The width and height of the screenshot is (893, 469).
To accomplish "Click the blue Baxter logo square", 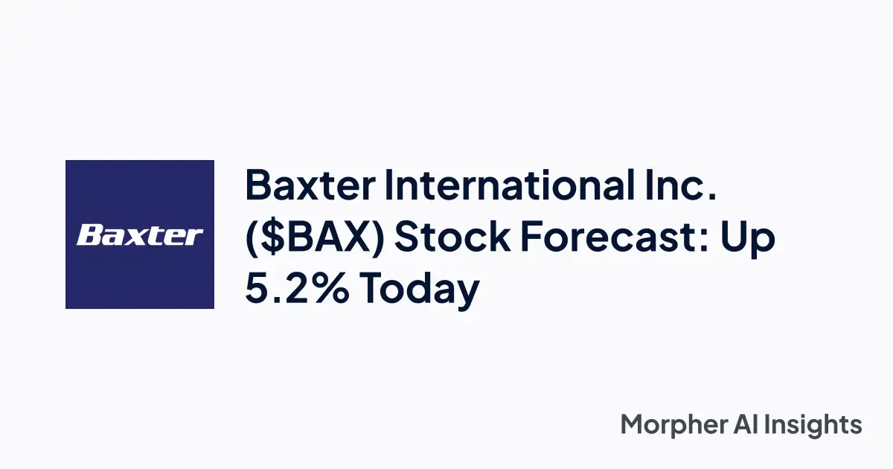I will (140, 234).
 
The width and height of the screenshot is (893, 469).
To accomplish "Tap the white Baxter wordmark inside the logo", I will (140, 235).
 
